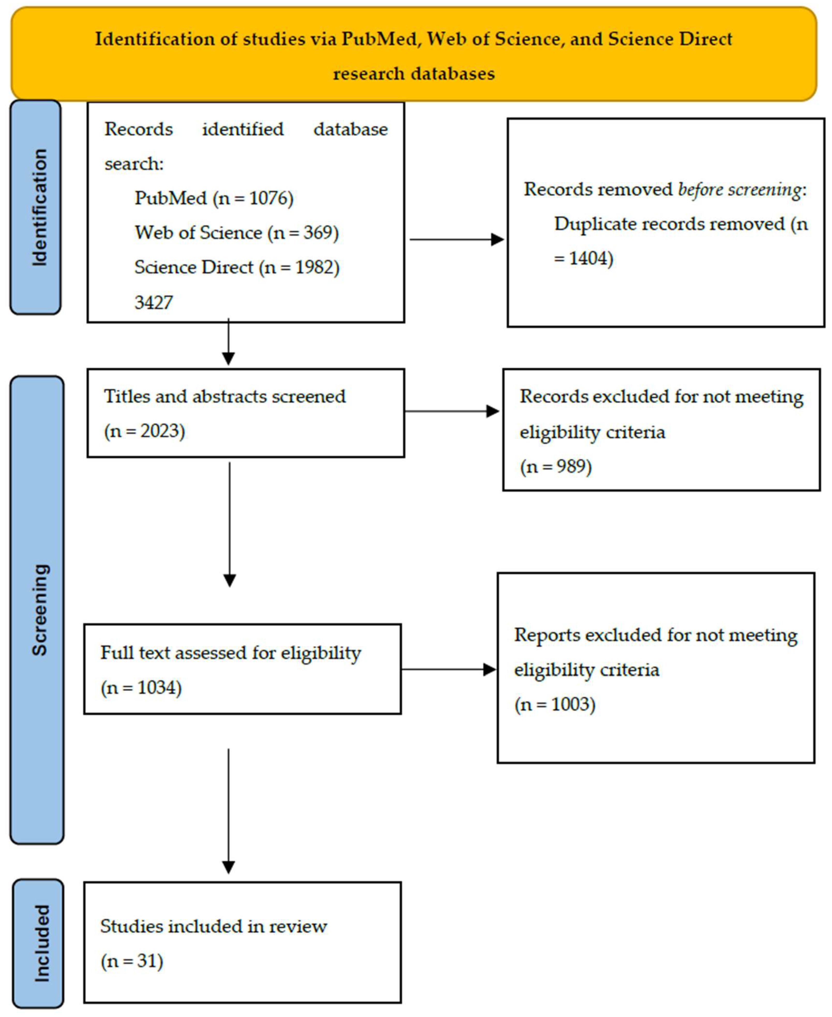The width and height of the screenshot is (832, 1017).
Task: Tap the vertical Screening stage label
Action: pos(39,610)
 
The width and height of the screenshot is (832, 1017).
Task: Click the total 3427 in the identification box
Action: pos(153,303)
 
